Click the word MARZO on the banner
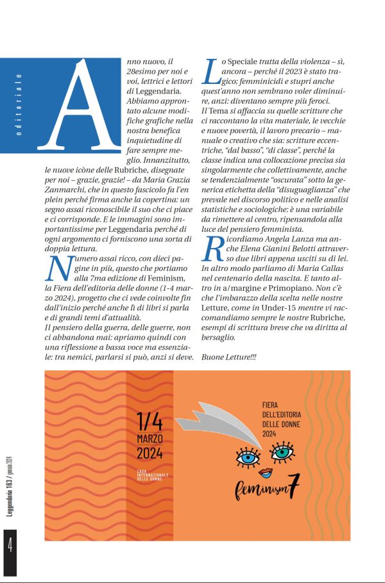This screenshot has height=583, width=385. [x=150, y=439]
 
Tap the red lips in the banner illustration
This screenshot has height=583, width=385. [x=266, y=473]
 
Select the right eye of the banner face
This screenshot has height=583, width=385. [x=282, y=454]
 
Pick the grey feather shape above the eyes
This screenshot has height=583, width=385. [x=231, y=420]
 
